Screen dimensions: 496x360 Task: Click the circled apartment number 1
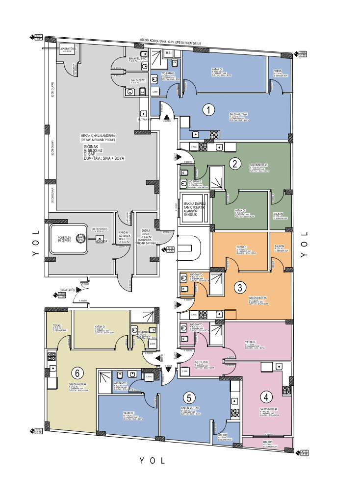[x=209, y=110]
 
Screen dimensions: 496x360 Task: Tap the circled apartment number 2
[x=236, y=164]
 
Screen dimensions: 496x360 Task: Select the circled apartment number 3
[x=239, y=287]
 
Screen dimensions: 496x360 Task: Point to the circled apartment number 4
[x=266, y=397]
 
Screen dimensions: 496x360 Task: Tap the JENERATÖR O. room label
[x=67, y=49]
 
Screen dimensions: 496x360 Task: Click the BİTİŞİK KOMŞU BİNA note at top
[x=170, y=43]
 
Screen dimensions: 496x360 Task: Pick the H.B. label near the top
[x=168, y=52]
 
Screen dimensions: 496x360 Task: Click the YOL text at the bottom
[x=152, y=461]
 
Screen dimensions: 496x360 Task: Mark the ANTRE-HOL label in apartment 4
[x=202, y=362]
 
